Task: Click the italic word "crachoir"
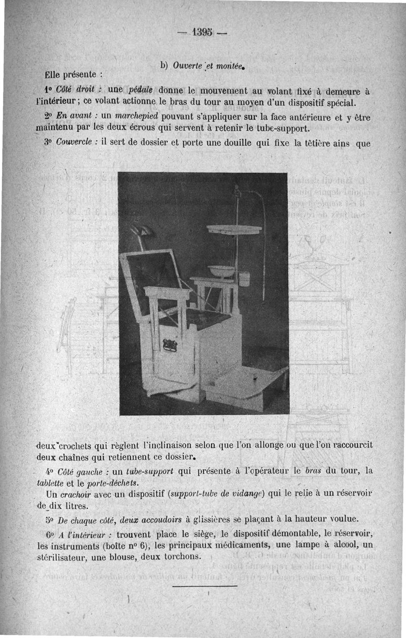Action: point(83,494)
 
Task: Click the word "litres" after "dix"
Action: point(77,506)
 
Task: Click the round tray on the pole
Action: point(234,229)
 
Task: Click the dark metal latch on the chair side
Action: point(169,345)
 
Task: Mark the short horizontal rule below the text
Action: point(205,586)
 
